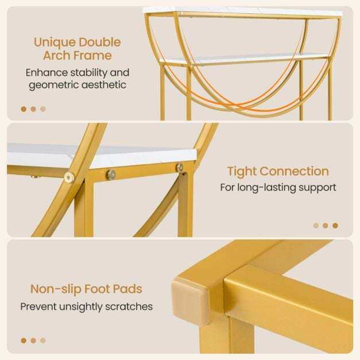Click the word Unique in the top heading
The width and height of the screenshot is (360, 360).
(x=55, y=42)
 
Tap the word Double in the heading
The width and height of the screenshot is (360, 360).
(x=100, y=42)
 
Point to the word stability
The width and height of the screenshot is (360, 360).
(x=88, y=73)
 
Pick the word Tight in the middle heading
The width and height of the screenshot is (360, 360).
(x=242, y=172)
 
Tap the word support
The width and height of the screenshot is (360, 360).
(x=318, y=188)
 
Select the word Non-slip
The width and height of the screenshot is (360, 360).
(x=56, y=289)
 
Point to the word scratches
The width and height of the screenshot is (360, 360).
(x=129, y=307)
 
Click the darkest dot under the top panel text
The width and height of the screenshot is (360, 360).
(x=24, y=109)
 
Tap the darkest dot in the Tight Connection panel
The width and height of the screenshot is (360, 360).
(x=335, y=226)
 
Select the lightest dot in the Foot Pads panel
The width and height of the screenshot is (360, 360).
(x=43, y=340)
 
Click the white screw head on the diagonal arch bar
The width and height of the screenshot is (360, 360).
(x=69, y=177)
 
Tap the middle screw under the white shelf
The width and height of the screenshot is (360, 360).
(x=111, y=175)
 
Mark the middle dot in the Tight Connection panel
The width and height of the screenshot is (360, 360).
(x=326, y=226)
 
